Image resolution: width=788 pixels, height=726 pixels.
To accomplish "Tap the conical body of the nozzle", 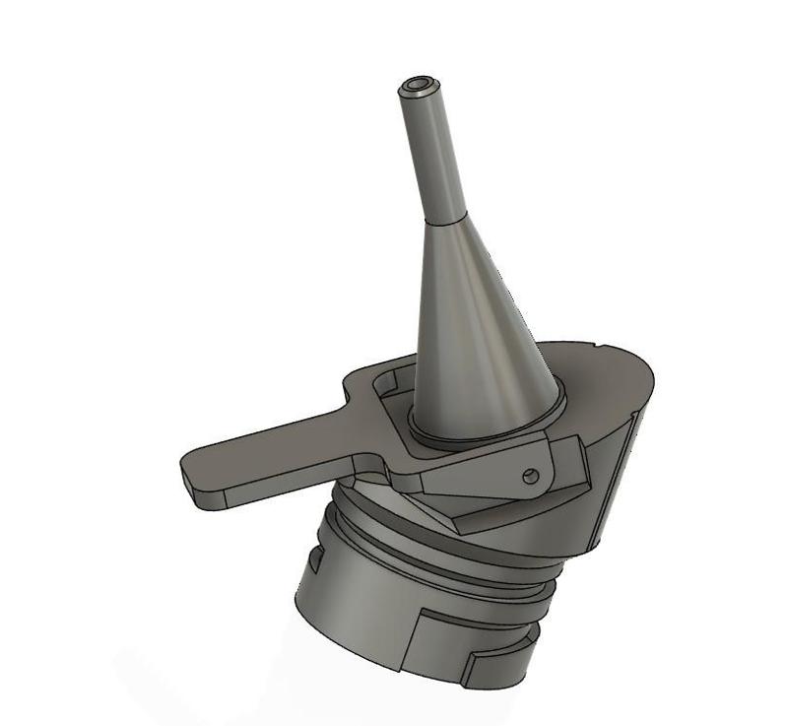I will point(473,325).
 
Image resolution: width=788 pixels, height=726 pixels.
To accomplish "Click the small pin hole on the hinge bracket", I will point(531,476).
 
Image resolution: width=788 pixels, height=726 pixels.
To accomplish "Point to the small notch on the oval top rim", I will point(602,346).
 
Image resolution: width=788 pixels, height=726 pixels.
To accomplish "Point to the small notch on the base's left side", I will point(314,562).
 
